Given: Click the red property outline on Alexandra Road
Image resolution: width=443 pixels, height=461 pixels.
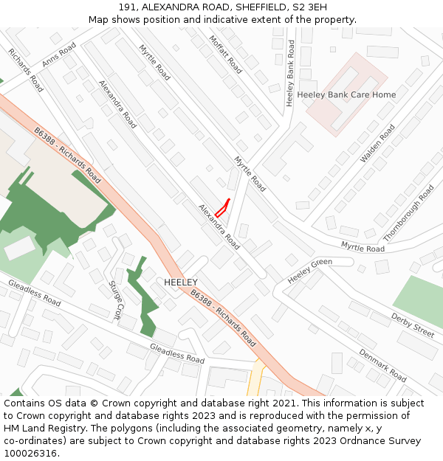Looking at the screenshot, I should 222,207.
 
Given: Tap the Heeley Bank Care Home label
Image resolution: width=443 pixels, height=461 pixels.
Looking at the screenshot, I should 346,95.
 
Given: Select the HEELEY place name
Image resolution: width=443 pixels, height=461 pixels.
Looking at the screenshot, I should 181,283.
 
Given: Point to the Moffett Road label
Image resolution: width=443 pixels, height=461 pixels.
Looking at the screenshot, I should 225,55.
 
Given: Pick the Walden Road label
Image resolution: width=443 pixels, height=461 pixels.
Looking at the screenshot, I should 377,143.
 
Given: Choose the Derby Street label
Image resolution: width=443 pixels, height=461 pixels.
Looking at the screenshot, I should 412,325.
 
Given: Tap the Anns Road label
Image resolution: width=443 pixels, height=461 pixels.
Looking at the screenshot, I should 59,56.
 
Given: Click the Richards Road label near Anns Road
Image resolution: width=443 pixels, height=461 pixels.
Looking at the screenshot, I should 26,69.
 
